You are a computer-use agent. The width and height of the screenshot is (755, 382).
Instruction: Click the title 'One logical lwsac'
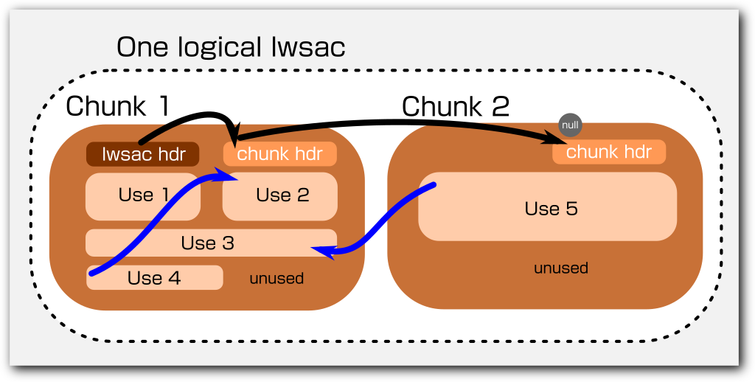pos(231,48)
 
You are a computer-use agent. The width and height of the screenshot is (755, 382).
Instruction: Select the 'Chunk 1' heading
pos(118,106)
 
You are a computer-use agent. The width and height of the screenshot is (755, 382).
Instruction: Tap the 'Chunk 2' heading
pos(455,107)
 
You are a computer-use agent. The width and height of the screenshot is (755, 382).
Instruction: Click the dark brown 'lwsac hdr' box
pos(143,154)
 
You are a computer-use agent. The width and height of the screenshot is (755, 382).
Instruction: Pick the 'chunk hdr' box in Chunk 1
pos(280,154)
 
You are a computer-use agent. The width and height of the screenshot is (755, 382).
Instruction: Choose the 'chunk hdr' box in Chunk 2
pos(609,152)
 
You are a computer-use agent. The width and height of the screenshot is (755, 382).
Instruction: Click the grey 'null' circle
pos(570,125)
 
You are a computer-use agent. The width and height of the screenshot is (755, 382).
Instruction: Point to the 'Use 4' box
pos(154,278)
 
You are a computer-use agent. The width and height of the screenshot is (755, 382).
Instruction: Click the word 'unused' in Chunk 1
pos(276,279)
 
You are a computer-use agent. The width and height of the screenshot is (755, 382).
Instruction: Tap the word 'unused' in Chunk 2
pos(561,268)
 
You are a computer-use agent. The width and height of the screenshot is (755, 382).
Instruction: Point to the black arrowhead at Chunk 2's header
pos(557,139)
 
